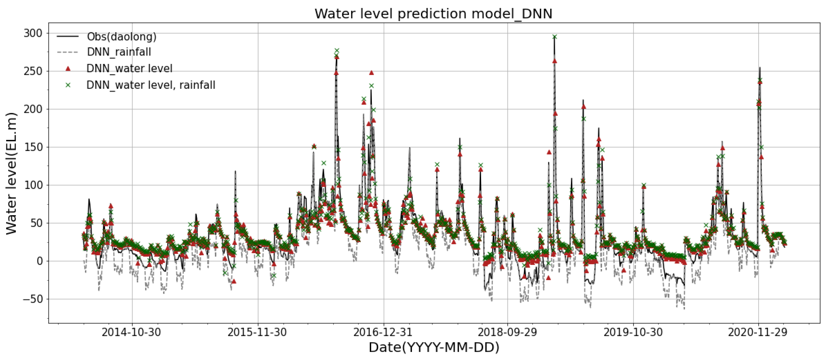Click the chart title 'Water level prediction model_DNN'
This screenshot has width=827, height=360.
433,14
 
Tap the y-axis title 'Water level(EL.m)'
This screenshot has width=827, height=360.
11,173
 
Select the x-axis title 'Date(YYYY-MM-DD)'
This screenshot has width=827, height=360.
434,347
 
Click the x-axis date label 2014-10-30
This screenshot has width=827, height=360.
131,332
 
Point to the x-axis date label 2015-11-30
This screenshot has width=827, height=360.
257,332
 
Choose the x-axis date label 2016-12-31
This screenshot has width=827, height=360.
383,332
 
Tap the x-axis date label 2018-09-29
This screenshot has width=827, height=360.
507,332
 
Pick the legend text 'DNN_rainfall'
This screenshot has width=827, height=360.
119,52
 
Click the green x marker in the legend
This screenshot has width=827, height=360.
68,85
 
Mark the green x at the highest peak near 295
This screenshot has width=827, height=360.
554,37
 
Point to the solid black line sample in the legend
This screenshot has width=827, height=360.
68,36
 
